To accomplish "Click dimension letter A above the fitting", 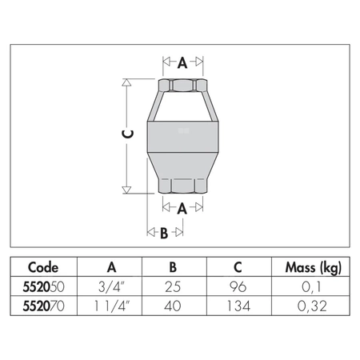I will (x=182, y=61).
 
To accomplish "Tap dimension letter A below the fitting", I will (x=182, y=208).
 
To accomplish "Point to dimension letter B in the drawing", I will (x=163, y=233).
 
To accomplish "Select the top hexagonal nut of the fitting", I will (x=182, y=86).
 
